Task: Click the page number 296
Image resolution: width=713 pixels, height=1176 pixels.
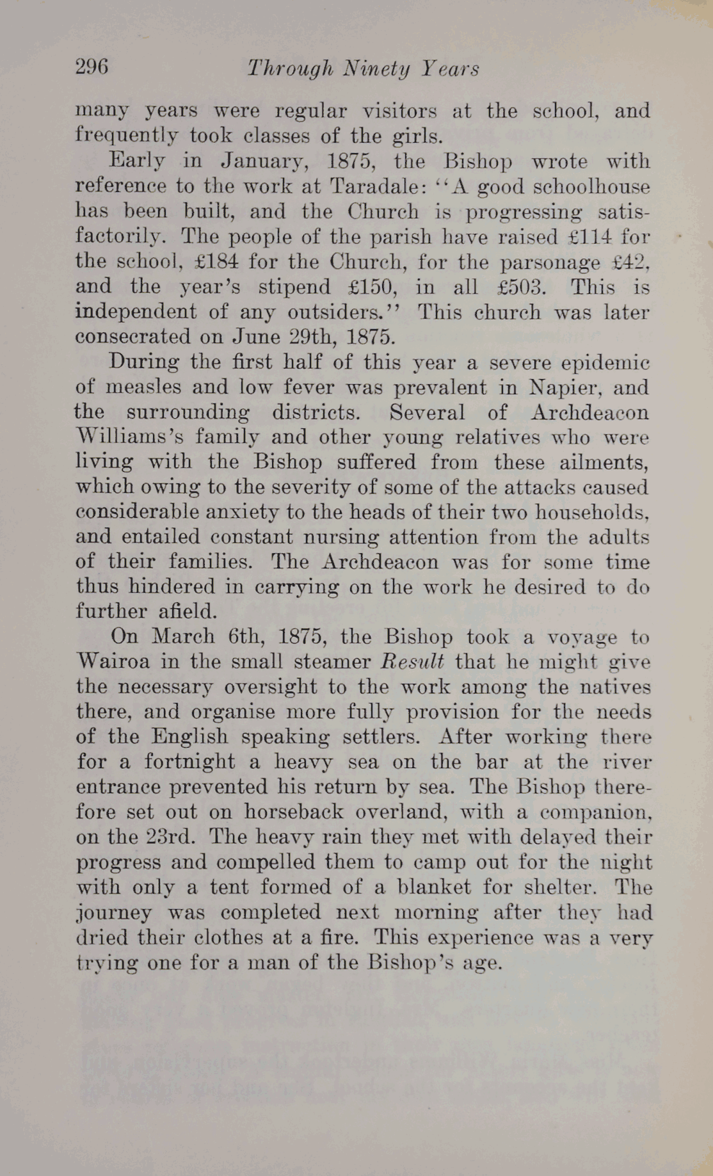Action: click(x=92, y=67)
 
